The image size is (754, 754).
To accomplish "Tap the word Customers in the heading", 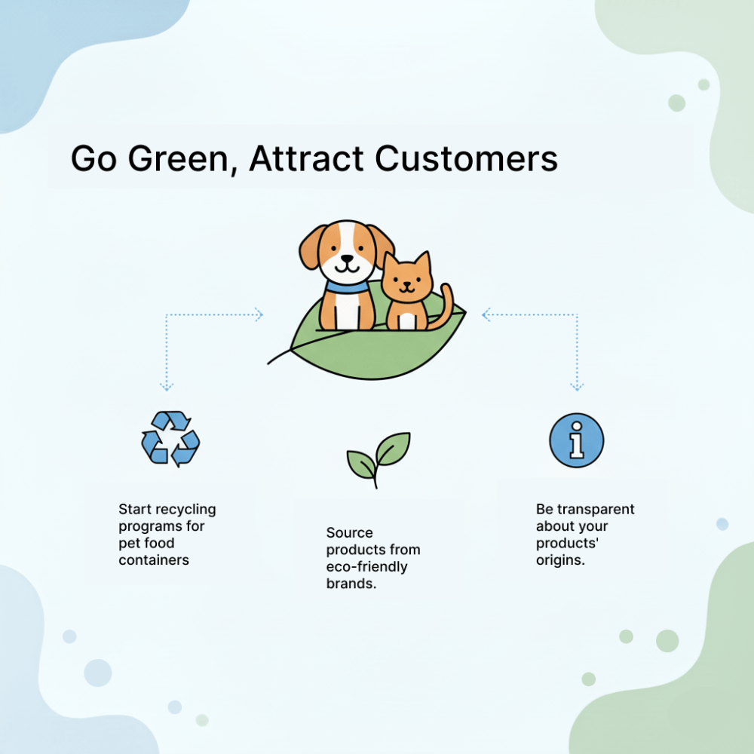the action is pos(467,158).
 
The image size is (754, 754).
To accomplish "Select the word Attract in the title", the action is pos(307,158).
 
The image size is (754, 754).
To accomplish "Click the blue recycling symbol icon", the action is pos(170,439).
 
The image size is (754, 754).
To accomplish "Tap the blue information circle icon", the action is pos(577,440).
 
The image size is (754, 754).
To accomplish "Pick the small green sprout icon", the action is pos(379,460).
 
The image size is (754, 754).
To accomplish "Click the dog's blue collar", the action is pos(346,287).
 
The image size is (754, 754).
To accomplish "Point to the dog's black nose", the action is pos(346,259).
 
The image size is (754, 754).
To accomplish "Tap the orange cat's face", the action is pos(407,280).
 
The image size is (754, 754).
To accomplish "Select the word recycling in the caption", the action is pos(185,510).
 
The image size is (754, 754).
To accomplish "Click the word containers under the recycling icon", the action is pos(154,560).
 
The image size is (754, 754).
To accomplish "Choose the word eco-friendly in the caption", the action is pos(367,567).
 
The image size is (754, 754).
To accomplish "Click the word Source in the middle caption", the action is pos(350,533).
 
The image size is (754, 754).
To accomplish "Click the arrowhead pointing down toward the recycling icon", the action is pos(167,386).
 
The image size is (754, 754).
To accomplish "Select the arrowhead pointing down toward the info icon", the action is pos(577,386).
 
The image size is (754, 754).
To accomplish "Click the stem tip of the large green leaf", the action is pos(268,363).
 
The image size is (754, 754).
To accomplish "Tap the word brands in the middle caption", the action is pos(351,584).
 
